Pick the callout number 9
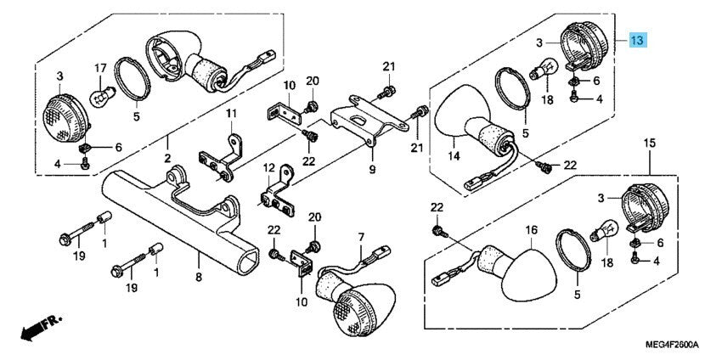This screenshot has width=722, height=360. [x=372, y=169]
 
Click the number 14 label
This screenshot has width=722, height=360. [x=454, y=155]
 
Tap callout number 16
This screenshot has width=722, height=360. [x=531, y=229]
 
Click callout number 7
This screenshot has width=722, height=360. [x=360, y=237]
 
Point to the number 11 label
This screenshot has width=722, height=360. [x=228, y=113]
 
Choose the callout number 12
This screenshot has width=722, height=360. [x=268, y=167]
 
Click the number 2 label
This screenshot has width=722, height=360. [x=167, y=159]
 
